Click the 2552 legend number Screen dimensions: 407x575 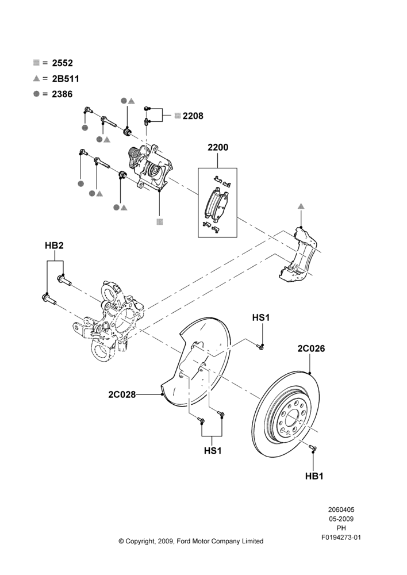point(62,63)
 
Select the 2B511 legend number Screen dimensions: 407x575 point(66,79)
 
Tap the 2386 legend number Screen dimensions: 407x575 point(62,94)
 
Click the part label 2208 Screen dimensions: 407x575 point(193,116)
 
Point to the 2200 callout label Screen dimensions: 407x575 point(218,147)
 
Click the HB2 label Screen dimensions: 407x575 point(54,246)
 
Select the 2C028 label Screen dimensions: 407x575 point(122,394)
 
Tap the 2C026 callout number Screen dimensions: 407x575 point(311,348)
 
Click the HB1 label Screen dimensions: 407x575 point(314,476)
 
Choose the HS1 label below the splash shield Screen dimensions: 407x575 point(213,450)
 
